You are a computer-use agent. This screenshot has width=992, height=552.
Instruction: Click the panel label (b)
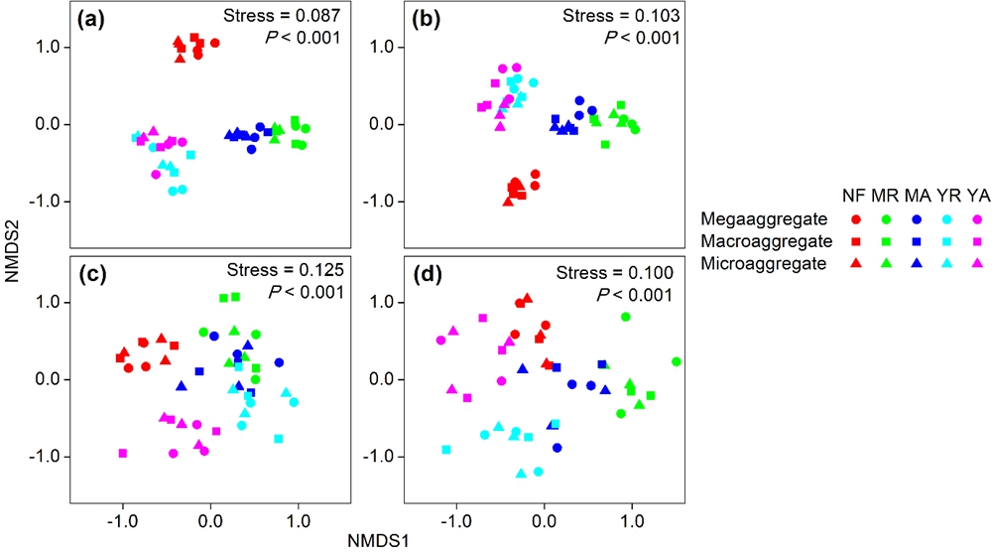coord(425,17)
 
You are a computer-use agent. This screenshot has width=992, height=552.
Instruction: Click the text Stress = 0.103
coord(621,17)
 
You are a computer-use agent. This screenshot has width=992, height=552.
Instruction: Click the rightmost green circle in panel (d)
coord(676,361)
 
